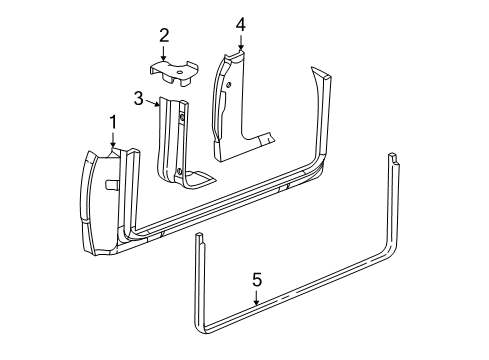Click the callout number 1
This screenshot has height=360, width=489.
pos(114,122)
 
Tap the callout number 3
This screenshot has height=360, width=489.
pos(139,97)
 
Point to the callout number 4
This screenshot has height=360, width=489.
pos(240,23)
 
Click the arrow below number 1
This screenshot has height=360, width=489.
pos(114,143)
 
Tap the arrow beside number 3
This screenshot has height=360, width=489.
pos(153,98)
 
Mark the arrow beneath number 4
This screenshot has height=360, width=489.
pos(240,42)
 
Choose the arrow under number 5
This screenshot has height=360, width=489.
pos(257,298)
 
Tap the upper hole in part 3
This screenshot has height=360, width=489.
pos(182,117)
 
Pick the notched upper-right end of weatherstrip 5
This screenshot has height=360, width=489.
pos(393,156)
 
